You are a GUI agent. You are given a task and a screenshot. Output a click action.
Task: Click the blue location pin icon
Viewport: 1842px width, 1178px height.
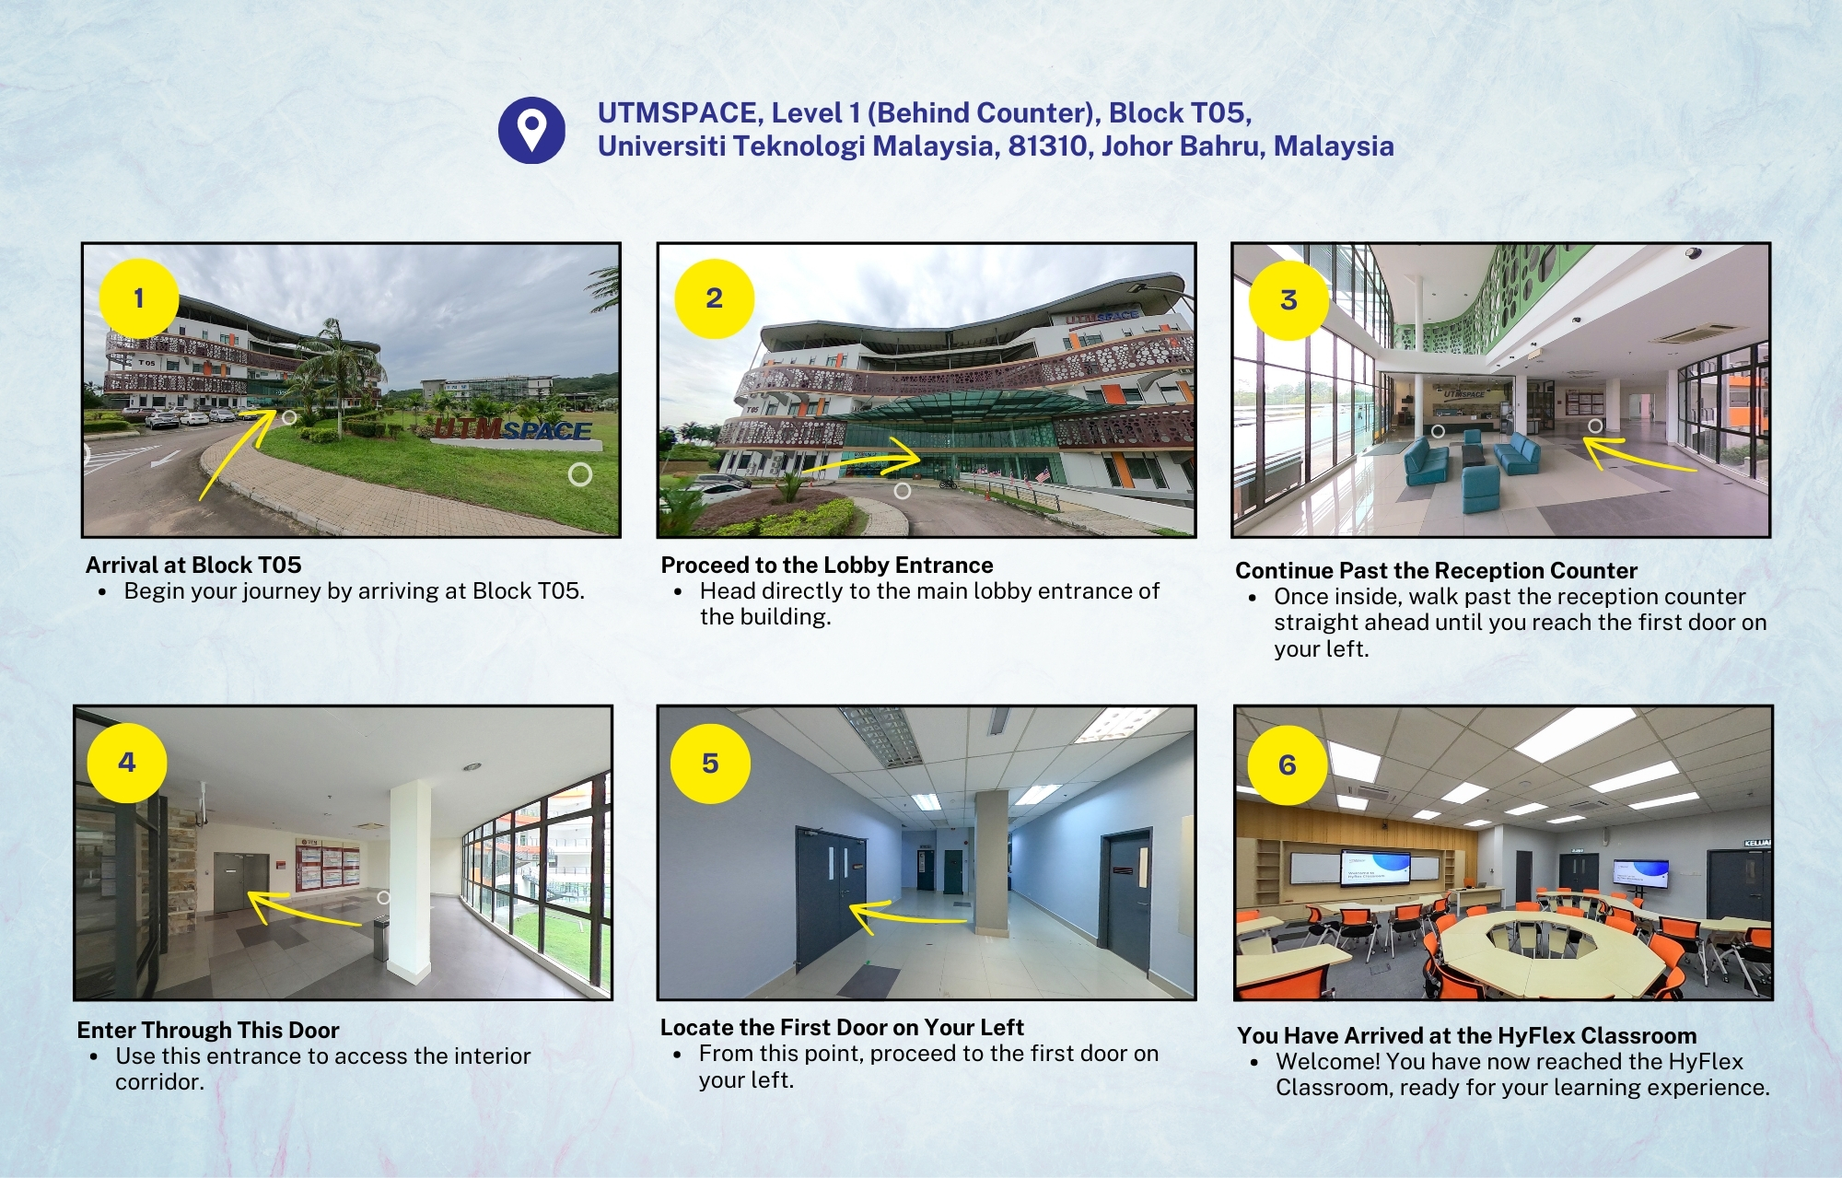[x=531, y=131]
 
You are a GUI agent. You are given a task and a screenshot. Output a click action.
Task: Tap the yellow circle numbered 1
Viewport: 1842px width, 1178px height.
[x=139, y=298]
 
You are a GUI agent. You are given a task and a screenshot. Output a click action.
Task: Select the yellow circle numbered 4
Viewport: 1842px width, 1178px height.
[x=127, y=763]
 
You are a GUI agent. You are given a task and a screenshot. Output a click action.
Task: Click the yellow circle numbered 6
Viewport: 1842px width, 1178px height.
[x=1288, y=764]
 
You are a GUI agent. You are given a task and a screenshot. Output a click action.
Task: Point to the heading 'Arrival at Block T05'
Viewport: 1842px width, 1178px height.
[x=193, y=565]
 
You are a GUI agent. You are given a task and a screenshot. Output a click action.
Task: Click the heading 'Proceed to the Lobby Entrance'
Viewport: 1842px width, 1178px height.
[x=827, y=565]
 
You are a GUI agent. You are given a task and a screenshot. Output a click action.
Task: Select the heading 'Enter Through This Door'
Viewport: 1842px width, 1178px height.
[x=208, y=1030]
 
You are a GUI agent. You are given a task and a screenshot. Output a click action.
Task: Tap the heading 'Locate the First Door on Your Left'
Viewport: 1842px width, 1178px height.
[x=842, y=1027]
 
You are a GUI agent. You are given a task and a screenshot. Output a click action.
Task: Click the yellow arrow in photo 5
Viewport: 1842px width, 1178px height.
[x=907, y=914]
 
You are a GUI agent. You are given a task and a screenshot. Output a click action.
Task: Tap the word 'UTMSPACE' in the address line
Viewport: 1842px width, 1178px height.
[x=678, y=113]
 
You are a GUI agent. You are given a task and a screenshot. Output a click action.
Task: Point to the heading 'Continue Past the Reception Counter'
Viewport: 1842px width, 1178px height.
[x=1436, y=570]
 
